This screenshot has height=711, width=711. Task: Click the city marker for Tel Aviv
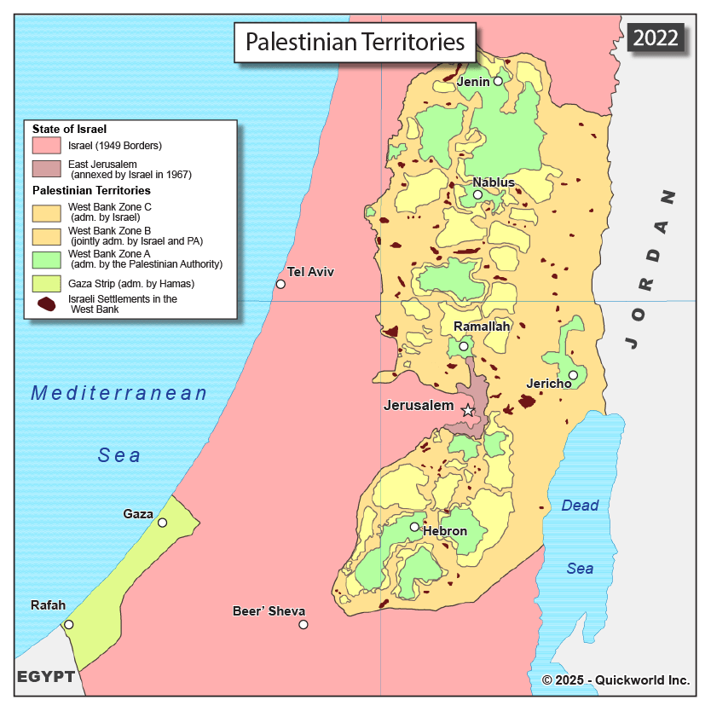point(280,284)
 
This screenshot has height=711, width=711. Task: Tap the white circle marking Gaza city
point(162,523)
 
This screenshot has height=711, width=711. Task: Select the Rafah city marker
point(69,624)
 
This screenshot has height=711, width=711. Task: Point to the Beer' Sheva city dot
point(303,624)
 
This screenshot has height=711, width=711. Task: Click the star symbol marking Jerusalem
point(467,411)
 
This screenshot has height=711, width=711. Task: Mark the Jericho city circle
point(573,375)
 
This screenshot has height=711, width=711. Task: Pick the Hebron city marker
point(414,527)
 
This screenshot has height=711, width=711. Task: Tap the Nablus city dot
point(477,194)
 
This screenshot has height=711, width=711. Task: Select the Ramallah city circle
point(464,346)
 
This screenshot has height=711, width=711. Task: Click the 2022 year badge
point(656,38)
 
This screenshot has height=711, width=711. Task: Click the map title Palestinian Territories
point(355,42)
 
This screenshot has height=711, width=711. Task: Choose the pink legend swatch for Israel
point(47,146)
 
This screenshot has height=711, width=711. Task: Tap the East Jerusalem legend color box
point(47,169)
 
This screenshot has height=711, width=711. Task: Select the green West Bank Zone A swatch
point(47,259)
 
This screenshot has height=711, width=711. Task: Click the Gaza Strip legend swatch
point(47,283)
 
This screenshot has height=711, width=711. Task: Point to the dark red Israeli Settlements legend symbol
point(47,303)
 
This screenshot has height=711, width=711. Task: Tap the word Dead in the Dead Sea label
point(580,506)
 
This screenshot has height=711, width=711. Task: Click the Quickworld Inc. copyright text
point(616,679)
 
